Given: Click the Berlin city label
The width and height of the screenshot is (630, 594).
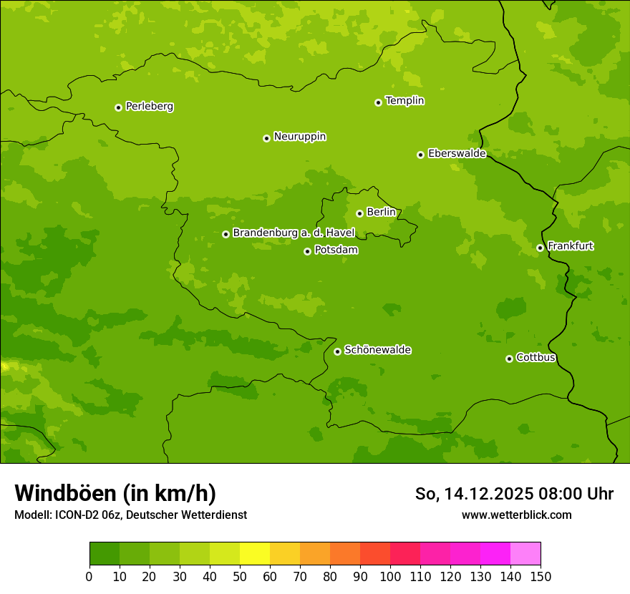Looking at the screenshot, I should coord(381,213).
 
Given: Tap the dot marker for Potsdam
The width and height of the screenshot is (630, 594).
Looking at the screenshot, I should coord(308,251).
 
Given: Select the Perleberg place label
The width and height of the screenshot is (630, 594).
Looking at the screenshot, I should coord(149,107).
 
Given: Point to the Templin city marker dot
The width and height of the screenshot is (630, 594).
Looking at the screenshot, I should coord(378,102).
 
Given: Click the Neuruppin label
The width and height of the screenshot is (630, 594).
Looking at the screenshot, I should coord(299,137).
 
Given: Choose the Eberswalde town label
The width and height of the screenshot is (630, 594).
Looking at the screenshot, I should coord(457,154).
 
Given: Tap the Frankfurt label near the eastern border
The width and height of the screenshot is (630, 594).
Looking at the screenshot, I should coord(570,246).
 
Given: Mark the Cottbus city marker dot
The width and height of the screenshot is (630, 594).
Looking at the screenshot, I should coord(509,359).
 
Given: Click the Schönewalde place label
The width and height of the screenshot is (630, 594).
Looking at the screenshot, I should coord(377,350).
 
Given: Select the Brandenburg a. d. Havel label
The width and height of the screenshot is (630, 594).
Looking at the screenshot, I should coord(294,233).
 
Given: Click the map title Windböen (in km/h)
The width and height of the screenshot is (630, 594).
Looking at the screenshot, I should coord(115,493).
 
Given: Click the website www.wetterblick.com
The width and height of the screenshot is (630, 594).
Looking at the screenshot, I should coord(516,515).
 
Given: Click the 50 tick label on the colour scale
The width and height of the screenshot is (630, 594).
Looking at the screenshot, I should coord(240,577).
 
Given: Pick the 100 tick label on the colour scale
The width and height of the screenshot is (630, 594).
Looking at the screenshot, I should coord(390,577).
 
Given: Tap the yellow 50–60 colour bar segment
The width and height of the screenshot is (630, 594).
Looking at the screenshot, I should coord(255,554).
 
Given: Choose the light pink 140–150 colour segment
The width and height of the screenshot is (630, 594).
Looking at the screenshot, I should coord(525,554).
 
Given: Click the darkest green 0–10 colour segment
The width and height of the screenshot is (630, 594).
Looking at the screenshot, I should coord(105,554).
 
